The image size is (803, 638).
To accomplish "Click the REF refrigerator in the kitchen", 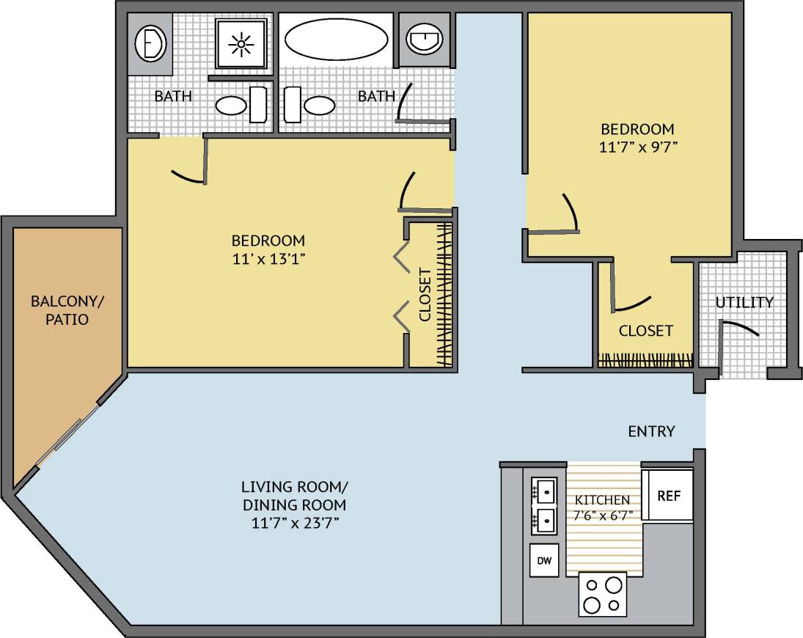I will [668, 495].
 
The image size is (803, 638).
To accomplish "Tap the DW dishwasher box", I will [544, 561].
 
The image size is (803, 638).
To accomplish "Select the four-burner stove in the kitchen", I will [604, 594].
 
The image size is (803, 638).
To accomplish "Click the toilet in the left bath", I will [151, 44].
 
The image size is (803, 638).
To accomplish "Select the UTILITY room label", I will [744, 302].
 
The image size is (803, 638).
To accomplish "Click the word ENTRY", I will [651, 431].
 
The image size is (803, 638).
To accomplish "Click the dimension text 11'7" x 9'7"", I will [636, 145].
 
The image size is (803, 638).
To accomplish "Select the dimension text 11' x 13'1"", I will [268, 258].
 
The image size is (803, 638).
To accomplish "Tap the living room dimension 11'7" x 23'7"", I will [294, 523].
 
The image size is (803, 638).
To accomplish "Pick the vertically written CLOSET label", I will [425, 296].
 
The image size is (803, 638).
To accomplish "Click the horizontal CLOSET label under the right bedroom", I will [645, 331].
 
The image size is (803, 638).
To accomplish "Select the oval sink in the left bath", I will [231, 106].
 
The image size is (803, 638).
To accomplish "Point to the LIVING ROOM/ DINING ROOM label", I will [294, 496].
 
